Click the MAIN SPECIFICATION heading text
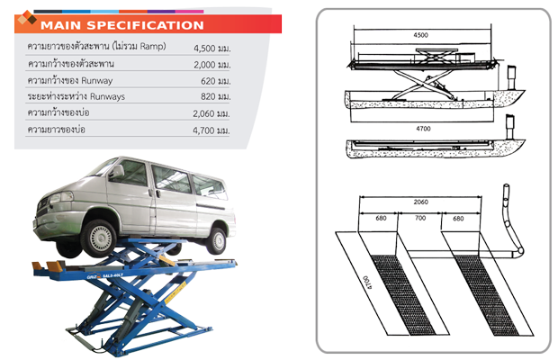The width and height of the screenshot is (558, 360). [x=122, y=25]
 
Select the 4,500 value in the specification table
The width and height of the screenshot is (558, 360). [x=204, y=49]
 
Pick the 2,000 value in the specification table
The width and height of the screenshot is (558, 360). [x=204, y=65]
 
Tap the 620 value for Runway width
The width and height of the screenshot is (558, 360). [x=208, y=81]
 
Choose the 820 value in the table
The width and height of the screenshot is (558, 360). [x=208, y=97]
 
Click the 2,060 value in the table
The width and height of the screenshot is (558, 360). [x=204, y=113]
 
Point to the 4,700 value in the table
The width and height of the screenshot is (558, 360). [x=204, y=130]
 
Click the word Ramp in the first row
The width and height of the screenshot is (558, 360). [x=152, y=46]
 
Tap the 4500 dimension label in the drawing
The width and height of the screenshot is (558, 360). [x=420, y=35]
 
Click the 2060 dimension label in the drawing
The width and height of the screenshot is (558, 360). [x=420, y=202]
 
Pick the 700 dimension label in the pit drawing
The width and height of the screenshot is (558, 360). [x=420, y=218]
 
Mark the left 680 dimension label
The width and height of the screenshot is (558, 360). [x=381, y=218]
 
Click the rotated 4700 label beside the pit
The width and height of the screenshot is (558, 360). [x=367, y=282]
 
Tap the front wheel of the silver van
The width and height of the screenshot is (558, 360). [x=98, y=238]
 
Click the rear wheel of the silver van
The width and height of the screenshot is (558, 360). [x=216, y=241]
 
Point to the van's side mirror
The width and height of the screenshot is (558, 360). [x=116, y=171]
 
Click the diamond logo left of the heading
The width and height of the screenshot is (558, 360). [x=27, y=18]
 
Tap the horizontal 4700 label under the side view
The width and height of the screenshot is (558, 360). [x=423, y=129]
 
